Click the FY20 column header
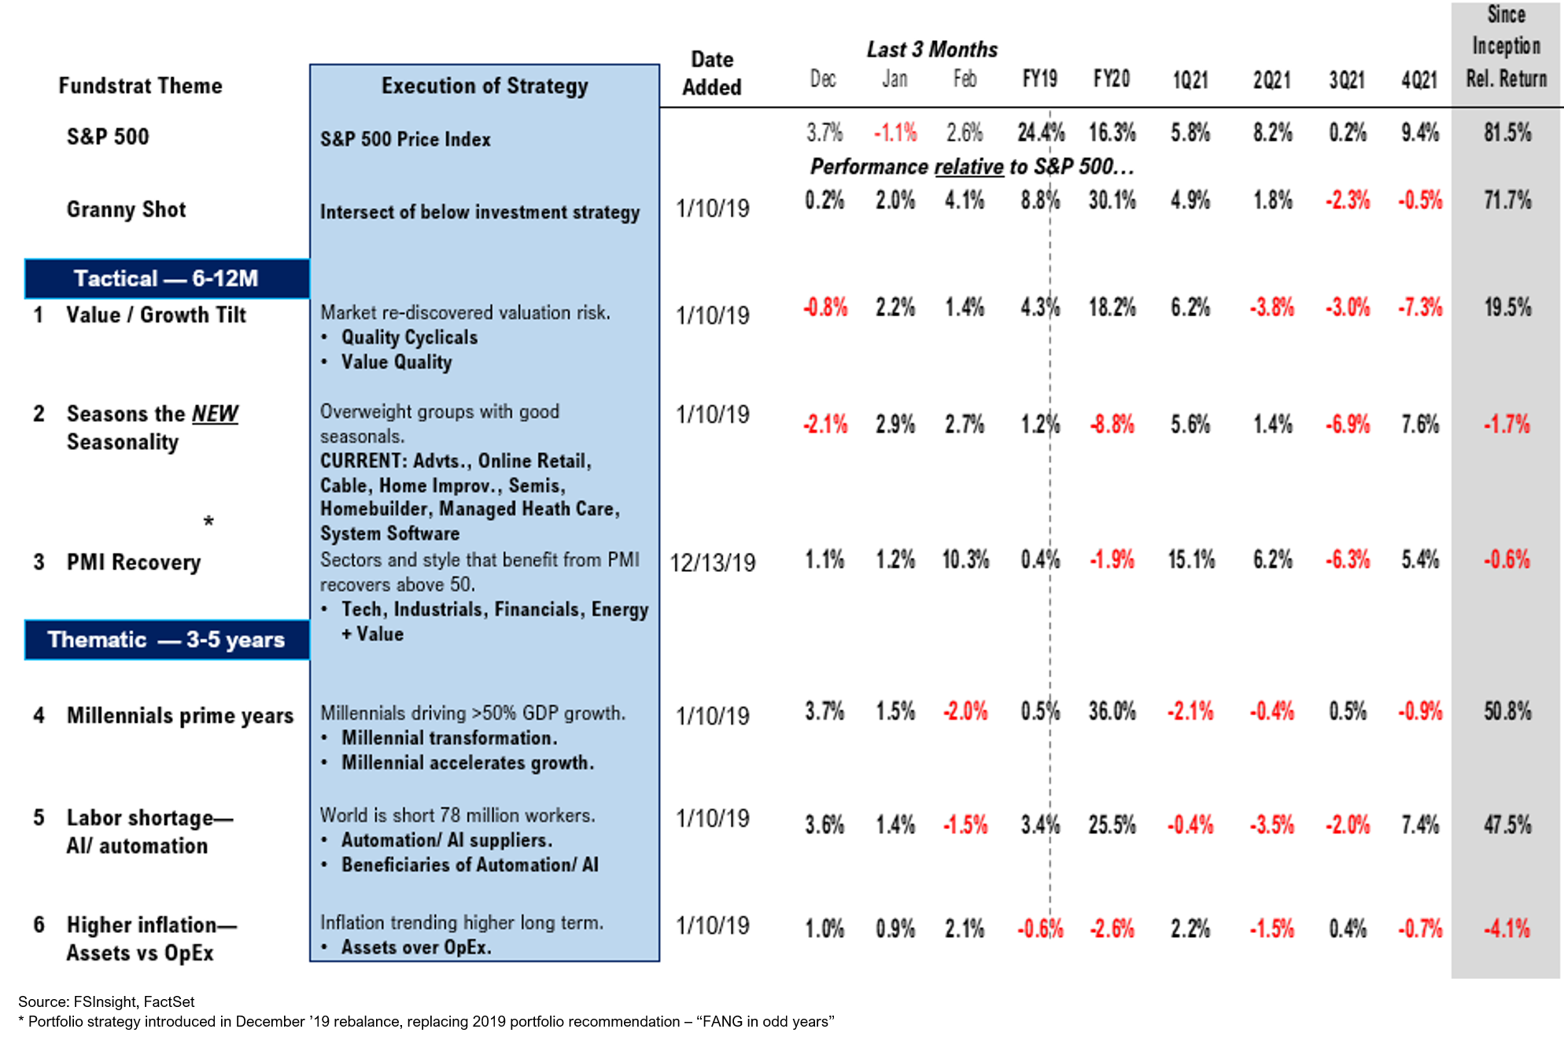click(1111, 79)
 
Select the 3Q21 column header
click(1346, 79)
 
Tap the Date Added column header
click(711, 73)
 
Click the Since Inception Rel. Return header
click(1506, 47)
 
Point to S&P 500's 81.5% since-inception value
click(1507, 132)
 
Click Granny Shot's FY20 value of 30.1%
click(1112, 201)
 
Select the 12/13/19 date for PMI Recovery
click(712, 562)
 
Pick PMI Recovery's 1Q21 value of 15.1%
click(1190, 560)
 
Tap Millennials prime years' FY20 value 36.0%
click(1112, 712)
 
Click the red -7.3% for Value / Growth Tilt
click(1419, 307)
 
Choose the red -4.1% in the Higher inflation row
click(1507, 928)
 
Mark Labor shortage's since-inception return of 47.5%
click(1507, 824)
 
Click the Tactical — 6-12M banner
click(167, 278)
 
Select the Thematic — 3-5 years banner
click(167, 640)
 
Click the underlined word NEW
click(215, 414)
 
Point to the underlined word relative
click(968, 167)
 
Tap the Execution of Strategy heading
click(485, 86)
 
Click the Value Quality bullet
click(396, 362)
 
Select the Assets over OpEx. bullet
click(415, 947)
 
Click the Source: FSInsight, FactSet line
click(106, 1001)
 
